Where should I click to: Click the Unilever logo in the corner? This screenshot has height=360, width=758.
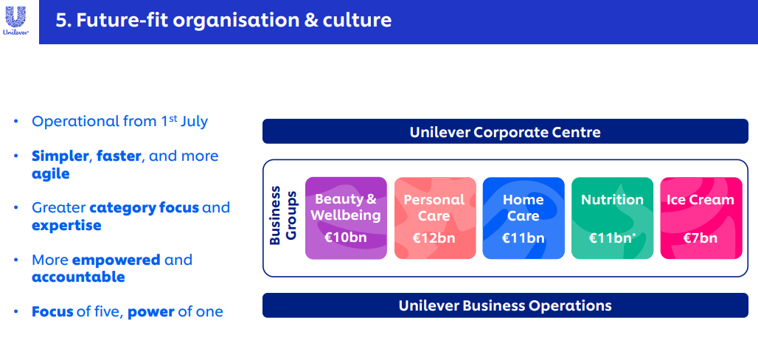tap(16, 21)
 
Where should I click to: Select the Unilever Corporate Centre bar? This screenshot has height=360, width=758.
tap(505, 131)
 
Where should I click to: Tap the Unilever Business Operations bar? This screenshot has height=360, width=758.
tap(505, 305)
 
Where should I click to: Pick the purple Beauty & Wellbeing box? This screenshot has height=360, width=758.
tap(346, 218)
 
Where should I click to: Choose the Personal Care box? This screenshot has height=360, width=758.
tap(435, 218)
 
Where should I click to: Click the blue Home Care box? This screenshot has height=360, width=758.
tap(524, 218)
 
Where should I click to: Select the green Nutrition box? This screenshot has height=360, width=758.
tap(613, 218)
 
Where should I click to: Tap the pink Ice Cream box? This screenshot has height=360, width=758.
tap(701, 218)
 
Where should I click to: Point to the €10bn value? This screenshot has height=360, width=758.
tap(346, 238)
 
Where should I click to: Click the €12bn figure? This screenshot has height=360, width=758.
tap(434, 238)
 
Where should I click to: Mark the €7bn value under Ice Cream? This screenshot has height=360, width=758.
tap(700, 238)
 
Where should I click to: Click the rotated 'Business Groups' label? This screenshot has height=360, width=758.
tap(283, 215)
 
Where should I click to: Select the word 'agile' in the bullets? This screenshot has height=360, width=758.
tap(51, 173)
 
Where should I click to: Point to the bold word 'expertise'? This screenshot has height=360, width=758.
tap(66, 226)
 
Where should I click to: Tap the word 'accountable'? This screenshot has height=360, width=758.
tap(78, 277)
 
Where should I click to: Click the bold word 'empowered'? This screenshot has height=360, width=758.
tap(116, 260)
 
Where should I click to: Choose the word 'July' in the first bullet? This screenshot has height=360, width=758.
tap(194, 121)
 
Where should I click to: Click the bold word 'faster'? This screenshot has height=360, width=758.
tap(119, 156)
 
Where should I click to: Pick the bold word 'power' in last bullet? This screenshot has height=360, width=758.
tap(151, 312)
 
